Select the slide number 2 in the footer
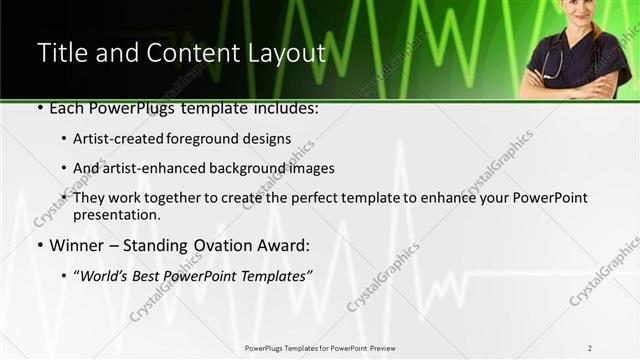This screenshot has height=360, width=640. [590, 348]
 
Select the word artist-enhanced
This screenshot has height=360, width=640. [156, 168]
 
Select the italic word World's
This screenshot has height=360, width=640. [107, 275]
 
